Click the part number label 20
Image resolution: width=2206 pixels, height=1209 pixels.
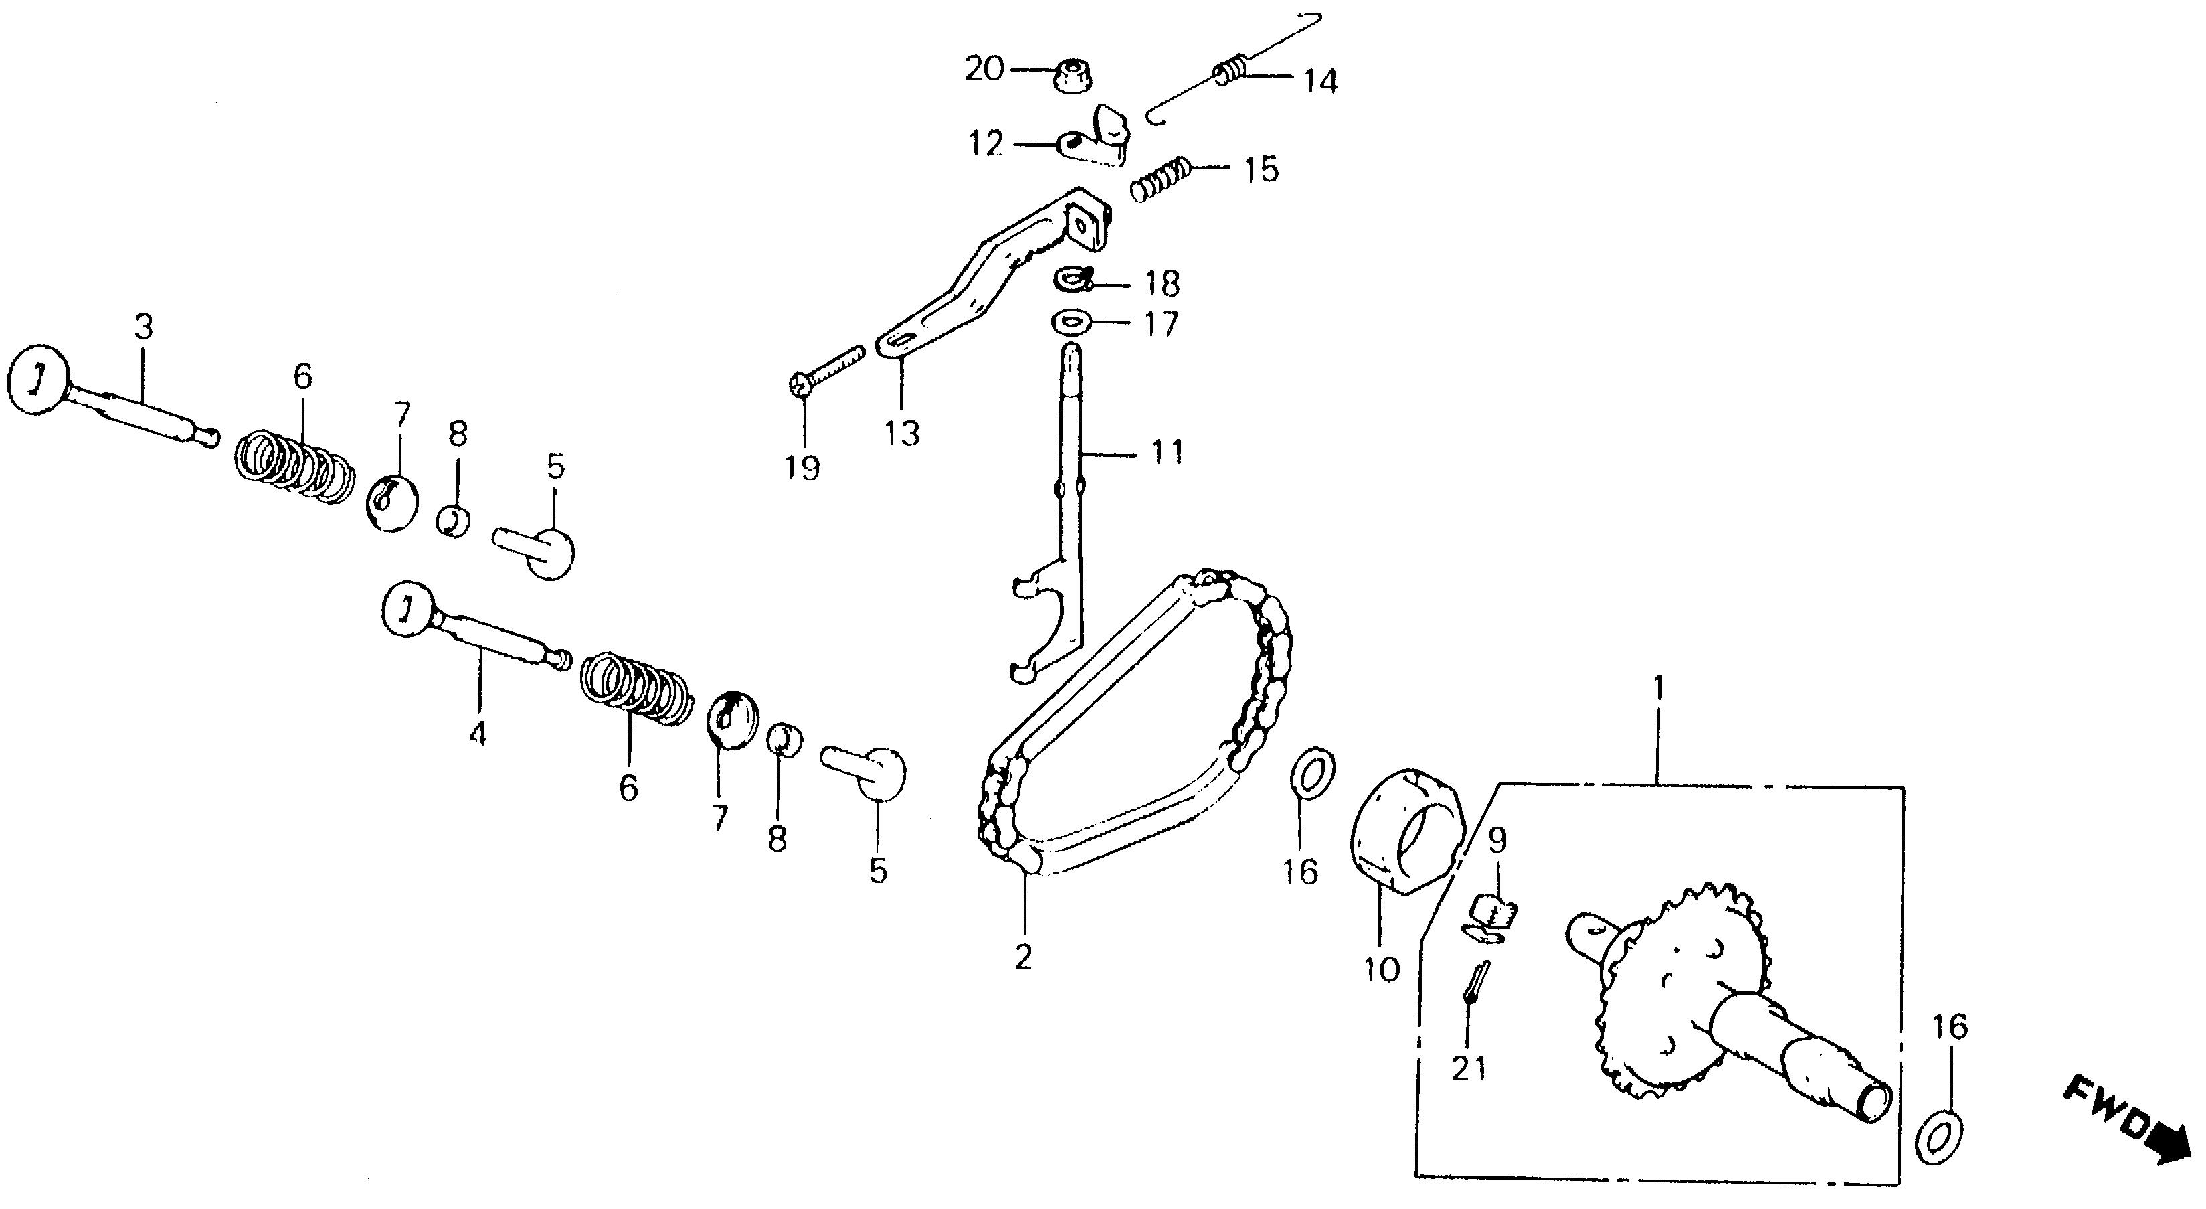pyautogui.click(x=984, y=68)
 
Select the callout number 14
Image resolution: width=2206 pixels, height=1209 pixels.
pyautogui.click(x=1319, y=82)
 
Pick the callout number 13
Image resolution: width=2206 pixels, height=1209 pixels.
pyautogui.click(x=903, y=434)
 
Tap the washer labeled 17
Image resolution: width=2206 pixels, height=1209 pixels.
pyautogui.click(x=1071, y=324)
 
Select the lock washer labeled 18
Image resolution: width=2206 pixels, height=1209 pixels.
pyautogui.click(x=1071, y=279)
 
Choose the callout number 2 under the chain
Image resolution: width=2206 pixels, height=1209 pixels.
pyautogui.click(x=1023, y=956)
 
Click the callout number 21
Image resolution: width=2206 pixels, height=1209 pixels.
pyautogui.click(x=1469, y=1068)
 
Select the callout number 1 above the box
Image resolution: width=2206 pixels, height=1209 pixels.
pyautogui.click(x=1659, y=688)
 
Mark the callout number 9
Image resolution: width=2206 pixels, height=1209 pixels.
pyautogui.click(x=1496, y=841)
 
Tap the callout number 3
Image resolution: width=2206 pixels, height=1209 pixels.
pyautogui.click(x=143, y=327)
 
